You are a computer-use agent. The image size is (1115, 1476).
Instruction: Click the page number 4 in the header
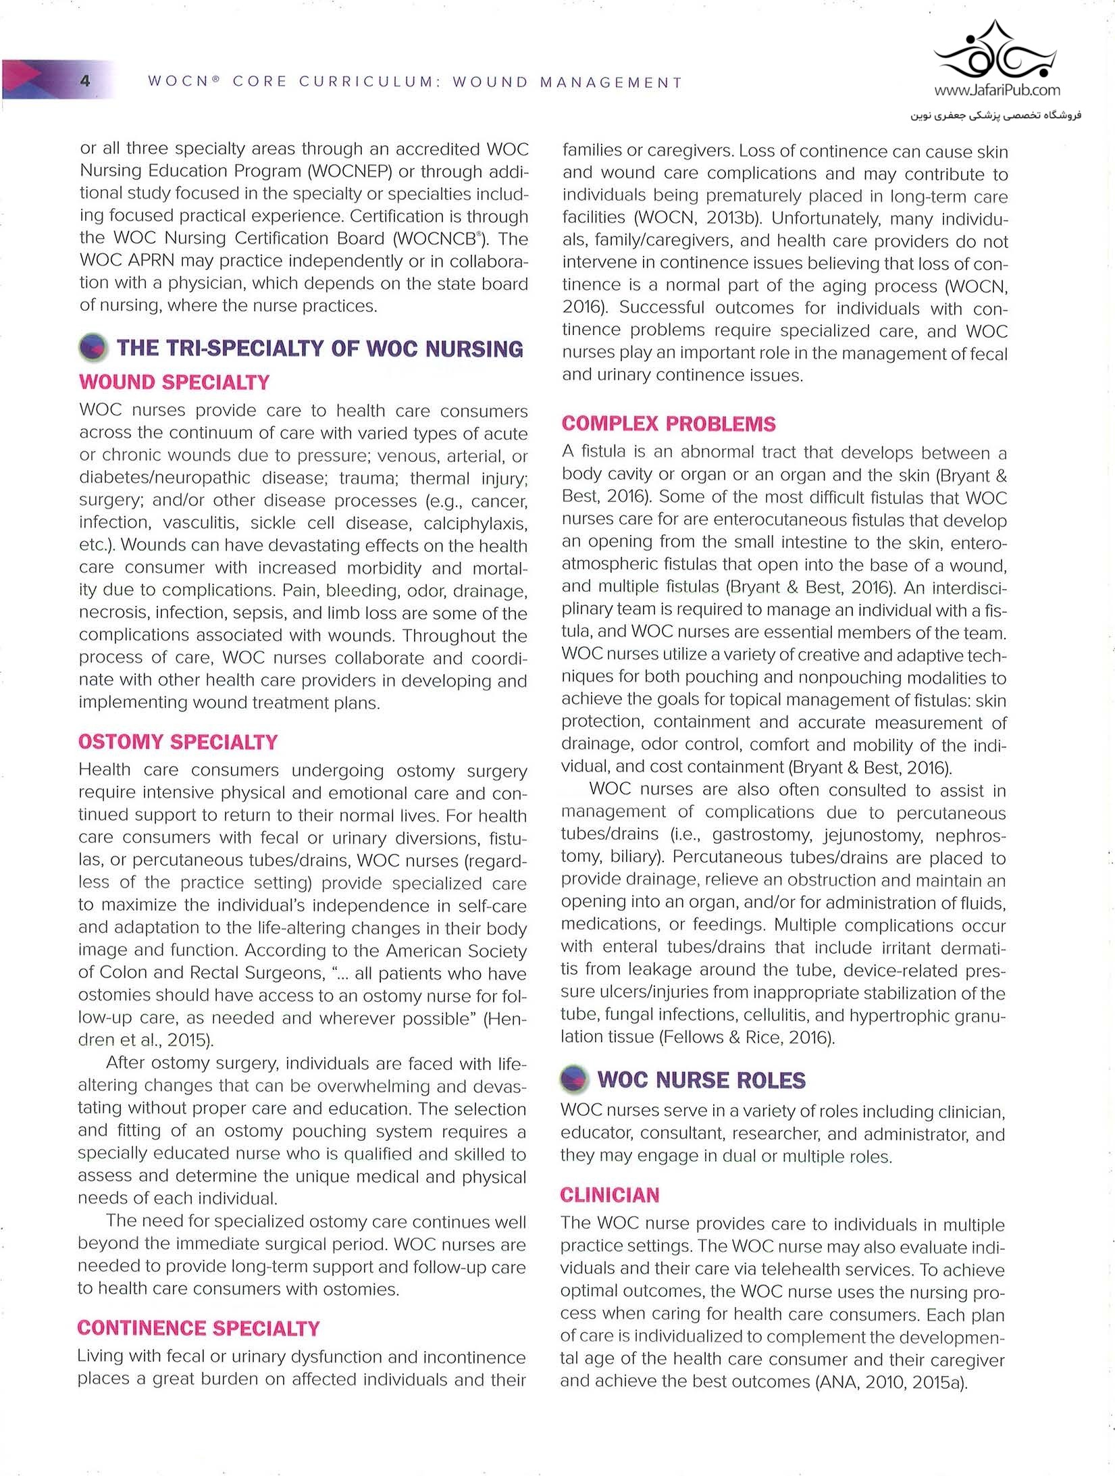click(85, 81)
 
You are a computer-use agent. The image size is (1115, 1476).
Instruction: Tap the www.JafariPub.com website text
click(997, 90)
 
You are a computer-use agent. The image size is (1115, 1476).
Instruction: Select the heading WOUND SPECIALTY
click(174, 382)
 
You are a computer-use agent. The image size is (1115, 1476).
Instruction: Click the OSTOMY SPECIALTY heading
click(178, 742)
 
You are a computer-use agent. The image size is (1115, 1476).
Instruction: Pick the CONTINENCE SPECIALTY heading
click(199, 1328)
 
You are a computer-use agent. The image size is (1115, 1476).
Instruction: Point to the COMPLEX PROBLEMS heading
click(669, 424)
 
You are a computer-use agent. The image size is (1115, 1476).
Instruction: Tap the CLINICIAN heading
click(609, 1195)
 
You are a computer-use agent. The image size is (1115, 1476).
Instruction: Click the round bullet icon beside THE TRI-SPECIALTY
click(93, 347)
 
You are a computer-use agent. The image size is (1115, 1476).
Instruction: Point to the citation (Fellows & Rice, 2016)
click(746, 1037)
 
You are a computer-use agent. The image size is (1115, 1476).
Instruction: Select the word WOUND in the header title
click(490, 82)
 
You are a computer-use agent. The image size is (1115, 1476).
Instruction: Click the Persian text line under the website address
click(995, 116)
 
